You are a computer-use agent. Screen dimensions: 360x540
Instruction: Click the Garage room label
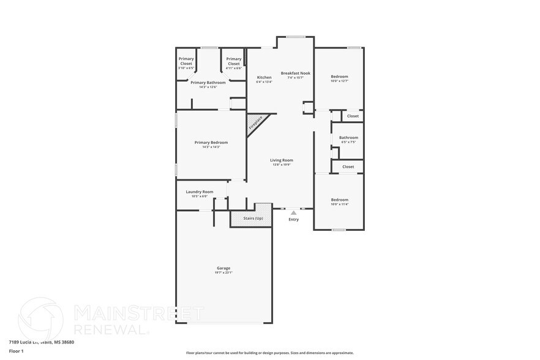click(223, 268)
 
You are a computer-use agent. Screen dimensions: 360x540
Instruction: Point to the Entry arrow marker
click(293, 212)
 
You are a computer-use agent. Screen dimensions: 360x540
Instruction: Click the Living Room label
click(282, 160)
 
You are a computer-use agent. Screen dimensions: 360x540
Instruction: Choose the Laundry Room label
click(200, 192)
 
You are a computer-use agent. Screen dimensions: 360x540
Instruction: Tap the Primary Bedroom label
click(211, 143)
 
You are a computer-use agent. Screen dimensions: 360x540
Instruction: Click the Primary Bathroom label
click(208, 83)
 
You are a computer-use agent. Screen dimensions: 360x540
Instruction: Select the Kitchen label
click(264, 77)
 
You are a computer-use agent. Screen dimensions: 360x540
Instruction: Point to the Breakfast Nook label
click(296, 73)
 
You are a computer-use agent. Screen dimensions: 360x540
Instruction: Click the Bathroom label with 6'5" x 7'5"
click(348, 138)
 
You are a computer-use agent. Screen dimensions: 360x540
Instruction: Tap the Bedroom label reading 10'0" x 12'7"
click(339, 77)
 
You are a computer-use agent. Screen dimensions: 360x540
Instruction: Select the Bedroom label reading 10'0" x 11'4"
click(339, 200)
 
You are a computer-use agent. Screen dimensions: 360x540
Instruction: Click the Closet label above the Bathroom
click(353, 116)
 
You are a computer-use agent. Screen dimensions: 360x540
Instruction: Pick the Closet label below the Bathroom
click(348, 167)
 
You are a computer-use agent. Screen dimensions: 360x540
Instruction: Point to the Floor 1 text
click(16, 351)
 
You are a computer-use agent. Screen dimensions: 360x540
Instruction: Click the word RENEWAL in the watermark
click(110, 329)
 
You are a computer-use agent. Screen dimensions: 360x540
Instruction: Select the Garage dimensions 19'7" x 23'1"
click(223, 272)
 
